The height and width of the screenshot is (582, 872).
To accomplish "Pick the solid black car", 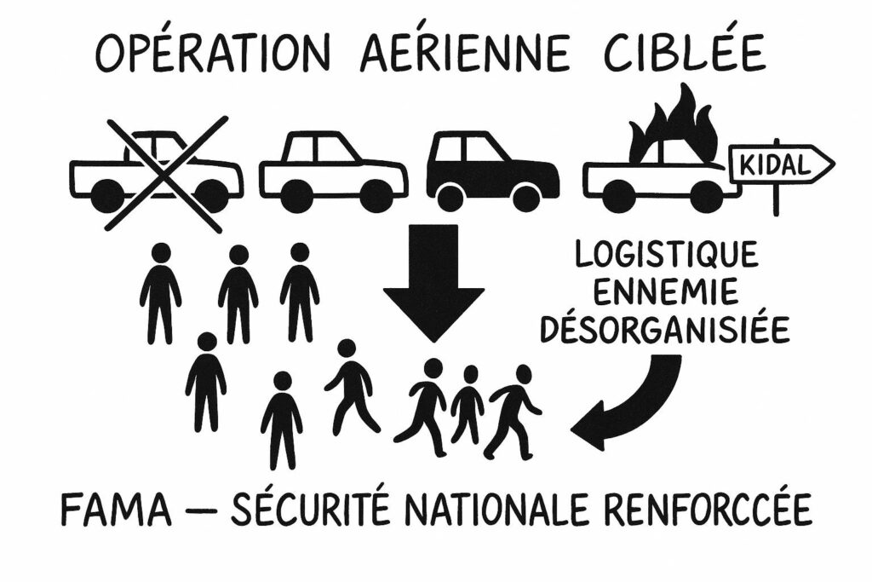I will pyautogui.click(x=492, y=171).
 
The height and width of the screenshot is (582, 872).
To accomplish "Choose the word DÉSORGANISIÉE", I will pyautogui.click(x=666, y=330).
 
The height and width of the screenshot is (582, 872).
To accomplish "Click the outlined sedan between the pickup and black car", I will pyautogui.click(x=333, y=171).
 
